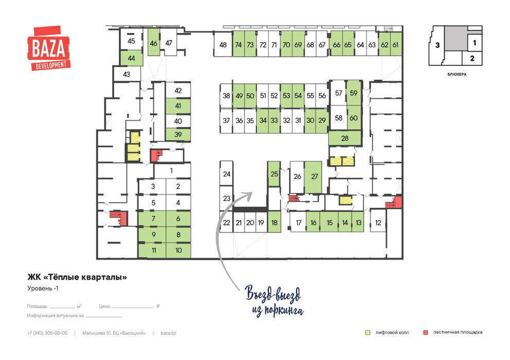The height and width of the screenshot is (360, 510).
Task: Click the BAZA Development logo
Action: pyautogui.click(x=49, y=48)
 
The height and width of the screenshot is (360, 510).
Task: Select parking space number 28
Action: pyautogui.click(x=345, y=138)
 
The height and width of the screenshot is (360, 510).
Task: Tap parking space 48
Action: pyautogui.click(x=223, y=45)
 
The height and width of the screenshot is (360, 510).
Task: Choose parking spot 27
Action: pyautogui.click(x=313, y=176)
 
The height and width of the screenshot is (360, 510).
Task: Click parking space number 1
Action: pyautogui.click(x=172, y=171)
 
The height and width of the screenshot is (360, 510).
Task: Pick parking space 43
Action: pyautogui.click(x=127, y=75)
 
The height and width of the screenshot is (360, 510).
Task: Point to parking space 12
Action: pyautogui.click(x=378, y=223)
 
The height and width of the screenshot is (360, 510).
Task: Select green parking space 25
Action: pyautogui.click(x=274, y=174)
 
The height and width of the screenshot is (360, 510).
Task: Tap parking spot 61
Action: pyautogui.click(x=396, y=45)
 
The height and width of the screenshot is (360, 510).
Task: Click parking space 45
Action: pyautogui.click(x=131, y=41)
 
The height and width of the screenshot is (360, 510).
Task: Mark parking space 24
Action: pyautogui.click(x=226, y=174)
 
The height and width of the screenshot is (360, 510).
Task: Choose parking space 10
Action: pyautogui.click(x=178, y=250)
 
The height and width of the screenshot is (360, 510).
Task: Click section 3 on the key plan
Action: pyautogui.click(x=437, y=45)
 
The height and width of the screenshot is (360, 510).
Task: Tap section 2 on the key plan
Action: pyautogui.click(x=472, y=58)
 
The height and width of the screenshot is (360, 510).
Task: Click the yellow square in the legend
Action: pyautogui.click(x=368, y=333)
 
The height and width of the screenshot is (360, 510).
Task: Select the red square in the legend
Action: pyautogui.click(x=426, y=333)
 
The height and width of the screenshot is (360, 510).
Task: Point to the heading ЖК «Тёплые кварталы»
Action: pyautogui.click(x=77, y=277)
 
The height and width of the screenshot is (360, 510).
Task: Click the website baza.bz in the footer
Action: pyautogui.click(x=168, y=333)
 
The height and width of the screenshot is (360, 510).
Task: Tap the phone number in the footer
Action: pyautogui.click(x=47, y=333)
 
